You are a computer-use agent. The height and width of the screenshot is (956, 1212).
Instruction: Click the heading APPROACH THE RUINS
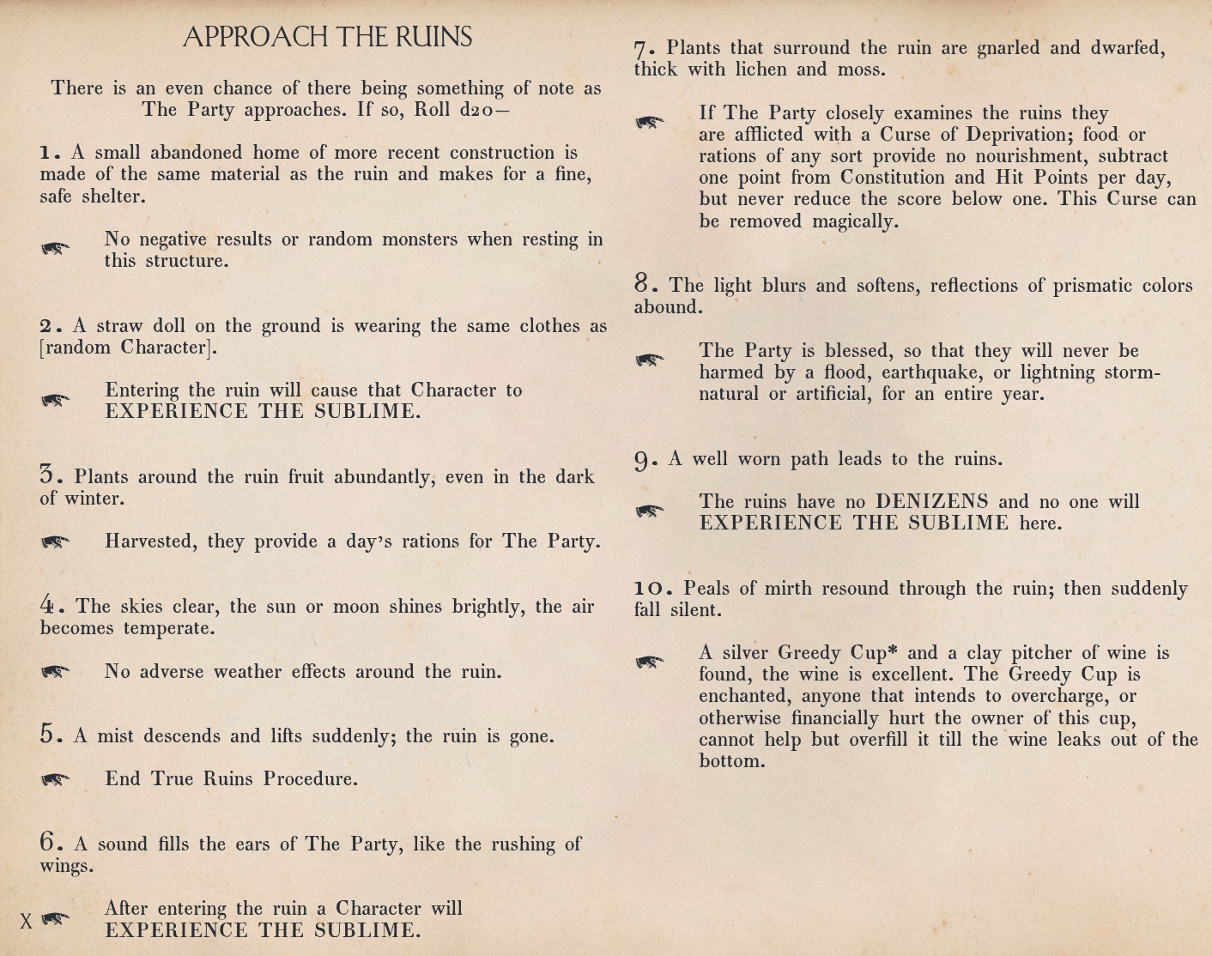327,37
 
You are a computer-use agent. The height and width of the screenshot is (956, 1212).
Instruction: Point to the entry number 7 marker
643,49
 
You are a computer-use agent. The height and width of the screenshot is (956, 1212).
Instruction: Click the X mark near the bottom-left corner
27,922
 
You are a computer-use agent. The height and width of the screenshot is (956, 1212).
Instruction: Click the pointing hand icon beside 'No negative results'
56,249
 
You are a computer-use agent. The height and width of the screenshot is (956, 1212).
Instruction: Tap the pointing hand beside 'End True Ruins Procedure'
56,779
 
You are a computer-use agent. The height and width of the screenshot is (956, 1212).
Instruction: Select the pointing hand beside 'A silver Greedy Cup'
650,662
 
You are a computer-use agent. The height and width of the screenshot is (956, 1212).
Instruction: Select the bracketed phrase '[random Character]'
128,348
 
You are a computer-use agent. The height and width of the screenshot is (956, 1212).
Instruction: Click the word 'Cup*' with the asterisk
875,653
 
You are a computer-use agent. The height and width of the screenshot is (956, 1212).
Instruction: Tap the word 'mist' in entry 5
115,736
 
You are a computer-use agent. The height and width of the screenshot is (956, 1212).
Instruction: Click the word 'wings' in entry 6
64,866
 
